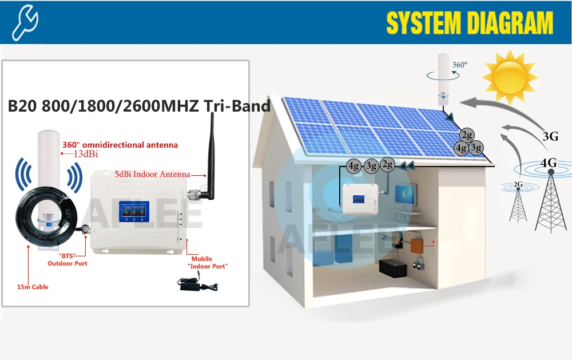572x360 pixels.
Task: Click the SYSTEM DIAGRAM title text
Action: [x=470, y=23]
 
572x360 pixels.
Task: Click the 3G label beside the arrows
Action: [x=550, y=136]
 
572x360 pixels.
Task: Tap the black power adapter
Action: [x=192, y=282]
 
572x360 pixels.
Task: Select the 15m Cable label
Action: [x=33, y=287]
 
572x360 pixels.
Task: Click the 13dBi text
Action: [x=84, y=154]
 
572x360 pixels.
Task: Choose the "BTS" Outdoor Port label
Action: [x=67, y=259]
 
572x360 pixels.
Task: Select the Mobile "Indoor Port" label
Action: [x=209, y=263]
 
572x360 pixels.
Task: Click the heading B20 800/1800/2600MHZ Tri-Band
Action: [x=138, y=106]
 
